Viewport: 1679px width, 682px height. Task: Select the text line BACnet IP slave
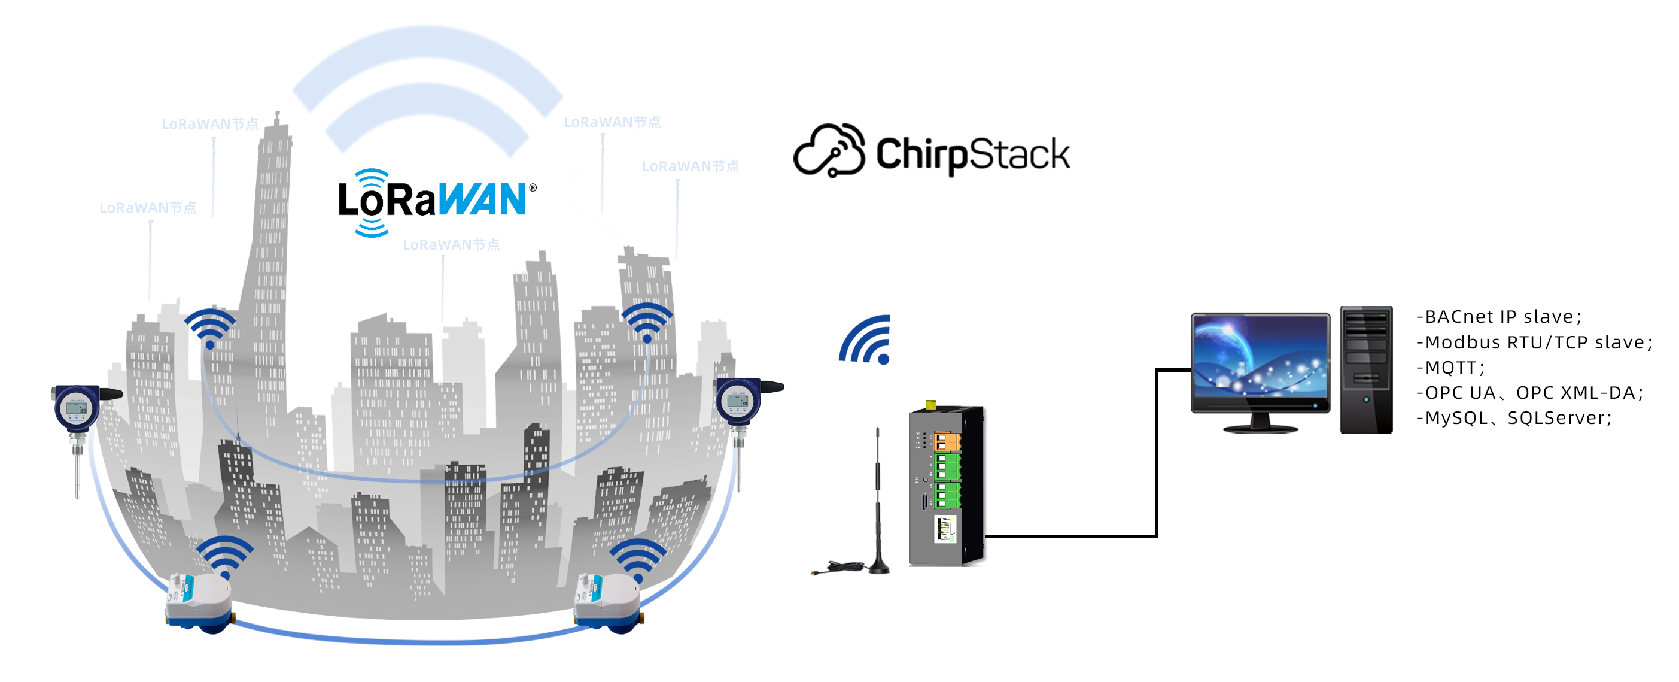pyautogui.click(x=1498, y=317)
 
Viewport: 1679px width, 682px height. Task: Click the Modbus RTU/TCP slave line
pyautogui.click(x=1534, y=342)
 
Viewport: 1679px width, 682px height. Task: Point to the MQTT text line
pyautogui.click(x=1450, y=368)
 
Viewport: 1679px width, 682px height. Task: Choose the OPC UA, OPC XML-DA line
pyautogui.click(x=1529, y=393)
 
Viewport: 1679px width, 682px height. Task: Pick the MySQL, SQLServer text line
pyautogui.click(x=1513, y=418)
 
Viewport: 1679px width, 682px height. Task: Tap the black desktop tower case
pyautogui.click(x=1365, y=369)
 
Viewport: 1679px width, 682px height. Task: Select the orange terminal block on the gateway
pyautogui.click(x=947, y=441)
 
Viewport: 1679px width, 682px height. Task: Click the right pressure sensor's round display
pyautogui.click(x=738, y=402)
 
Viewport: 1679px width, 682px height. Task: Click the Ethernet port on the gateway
pyautogui.click(x=944, y=529)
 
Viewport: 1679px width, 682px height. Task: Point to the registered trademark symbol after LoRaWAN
pyautogui.click(x=533, y=188)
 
